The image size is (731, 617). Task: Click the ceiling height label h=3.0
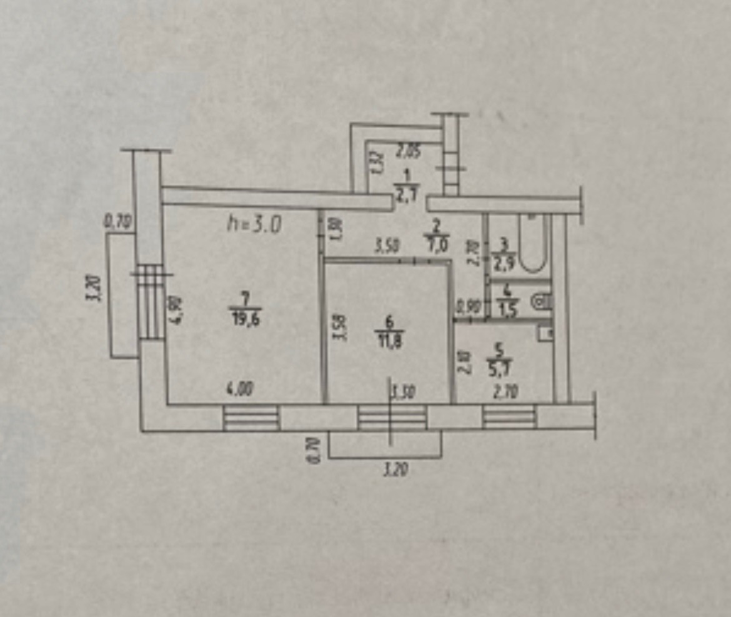point(255,224)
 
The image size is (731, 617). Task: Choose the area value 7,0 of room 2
point(437,244)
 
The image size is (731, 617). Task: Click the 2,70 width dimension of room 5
point(505,392)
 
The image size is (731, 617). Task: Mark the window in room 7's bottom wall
point(251,417)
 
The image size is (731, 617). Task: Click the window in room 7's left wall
point(150,302)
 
